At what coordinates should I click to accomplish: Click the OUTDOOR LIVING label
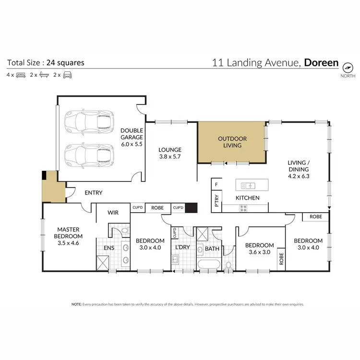click(x=232, y=142)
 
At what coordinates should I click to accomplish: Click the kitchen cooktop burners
click(x=243, y=208)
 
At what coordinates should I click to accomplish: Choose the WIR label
click(x=113, y=212)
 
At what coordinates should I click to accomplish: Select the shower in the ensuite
click(x=103, y=263)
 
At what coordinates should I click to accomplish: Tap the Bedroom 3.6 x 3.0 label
click(x=259, y=249)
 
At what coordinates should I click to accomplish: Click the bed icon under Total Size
click(x=21, y=75)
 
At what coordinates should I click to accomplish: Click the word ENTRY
click(x=94, y=192)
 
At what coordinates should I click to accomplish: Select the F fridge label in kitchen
click(x=216, y=184)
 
